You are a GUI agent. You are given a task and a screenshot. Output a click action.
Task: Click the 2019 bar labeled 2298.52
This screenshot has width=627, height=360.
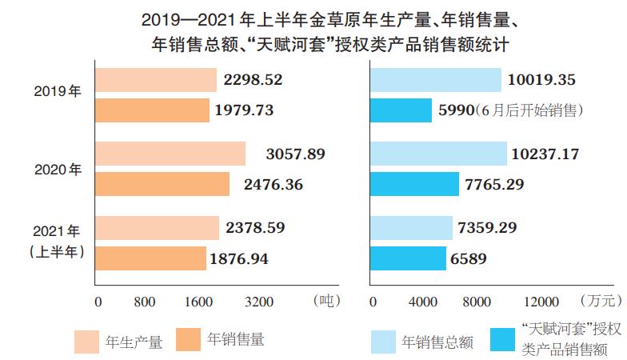point(156,80)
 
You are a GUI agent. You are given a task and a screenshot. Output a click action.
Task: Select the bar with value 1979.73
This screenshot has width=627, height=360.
point(152,110)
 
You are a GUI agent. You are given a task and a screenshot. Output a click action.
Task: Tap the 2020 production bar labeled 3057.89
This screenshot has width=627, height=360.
point(170,154)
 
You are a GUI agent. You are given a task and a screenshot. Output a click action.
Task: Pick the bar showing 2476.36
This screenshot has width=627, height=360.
point(162,184)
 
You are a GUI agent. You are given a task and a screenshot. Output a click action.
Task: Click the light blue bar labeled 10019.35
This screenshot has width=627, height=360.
point(436,80)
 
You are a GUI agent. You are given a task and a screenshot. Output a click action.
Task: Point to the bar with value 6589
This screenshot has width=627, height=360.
point(408,258)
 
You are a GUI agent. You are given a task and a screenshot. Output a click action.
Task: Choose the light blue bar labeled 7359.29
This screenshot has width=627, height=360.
point(411,228)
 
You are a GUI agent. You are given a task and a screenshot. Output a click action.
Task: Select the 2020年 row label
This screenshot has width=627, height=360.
point(58,169)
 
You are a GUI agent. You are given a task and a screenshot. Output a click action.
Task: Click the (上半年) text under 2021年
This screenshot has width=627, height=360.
point(58,251)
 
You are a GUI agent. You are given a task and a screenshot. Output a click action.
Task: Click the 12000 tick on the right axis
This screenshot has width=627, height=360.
point(540,302)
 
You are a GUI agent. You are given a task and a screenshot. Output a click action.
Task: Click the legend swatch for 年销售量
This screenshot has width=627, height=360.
point(186,339)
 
